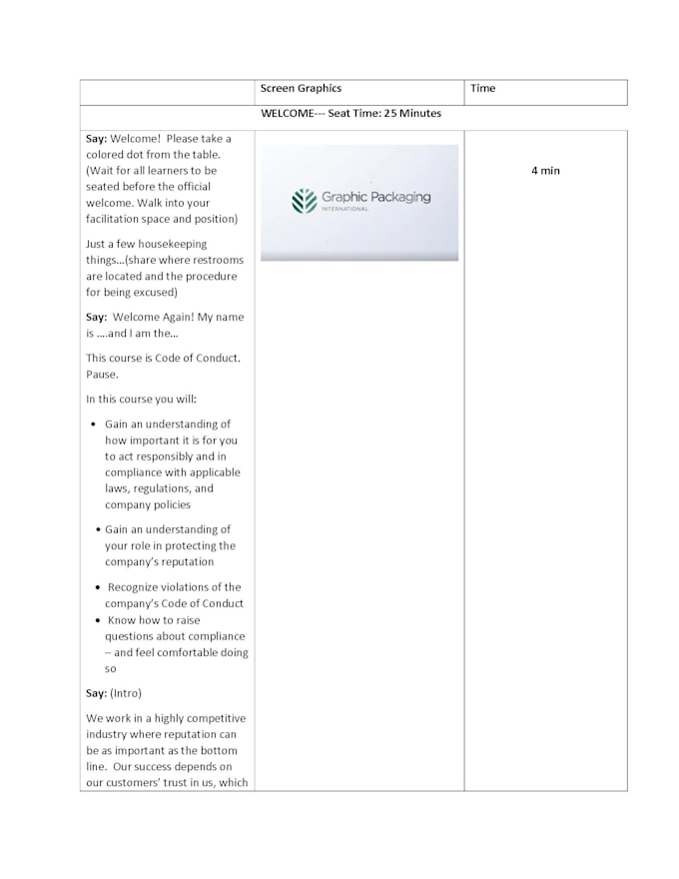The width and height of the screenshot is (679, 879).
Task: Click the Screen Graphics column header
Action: [301, 88]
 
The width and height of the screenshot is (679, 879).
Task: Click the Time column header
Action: [483, 88]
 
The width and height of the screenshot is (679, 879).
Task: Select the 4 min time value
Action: [545, 171]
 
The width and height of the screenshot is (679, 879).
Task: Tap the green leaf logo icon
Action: [304, 202]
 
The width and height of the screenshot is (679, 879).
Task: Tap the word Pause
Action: [103, 375]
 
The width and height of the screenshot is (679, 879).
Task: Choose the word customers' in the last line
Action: [135, 783]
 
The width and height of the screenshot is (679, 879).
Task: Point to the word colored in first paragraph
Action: [107, 155]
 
